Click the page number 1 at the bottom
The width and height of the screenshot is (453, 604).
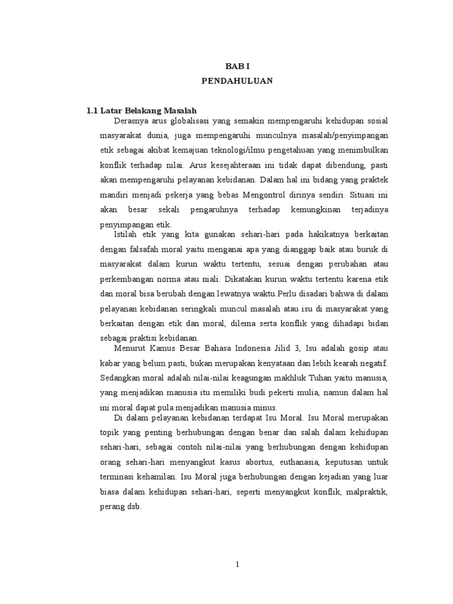click(237, 564)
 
